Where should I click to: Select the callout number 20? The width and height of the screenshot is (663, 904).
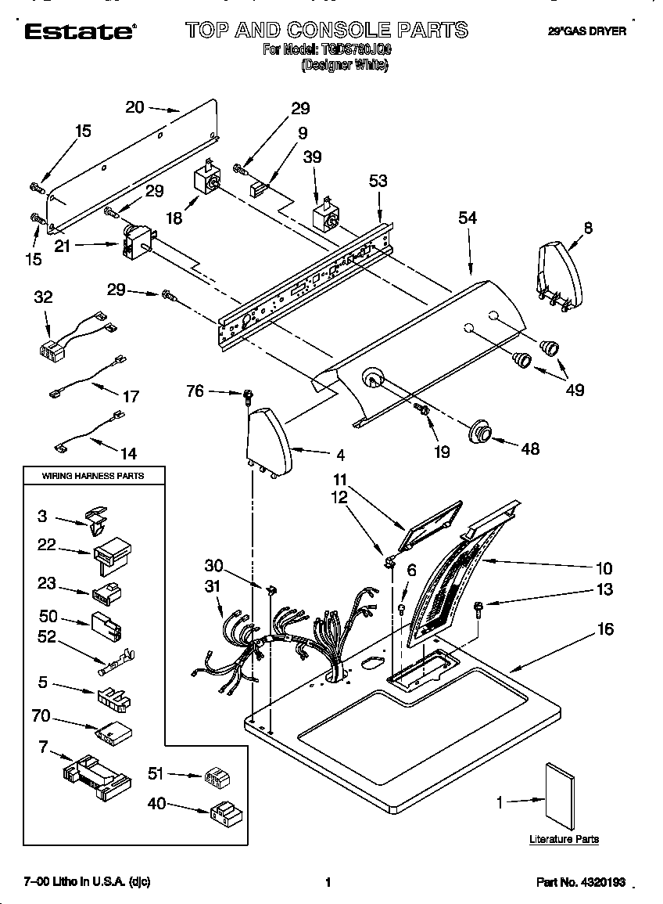134,107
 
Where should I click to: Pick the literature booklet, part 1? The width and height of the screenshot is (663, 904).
561,795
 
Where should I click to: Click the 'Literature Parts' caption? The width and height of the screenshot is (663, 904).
564,839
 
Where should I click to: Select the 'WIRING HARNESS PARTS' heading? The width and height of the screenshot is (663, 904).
92,475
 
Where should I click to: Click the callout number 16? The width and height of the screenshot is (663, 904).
605,628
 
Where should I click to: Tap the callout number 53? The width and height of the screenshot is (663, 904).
378,182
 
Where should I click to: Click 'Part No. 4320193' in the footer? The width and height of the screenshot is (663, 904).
581,882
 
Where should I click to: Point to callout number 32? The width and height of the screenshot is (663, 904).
43,297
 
